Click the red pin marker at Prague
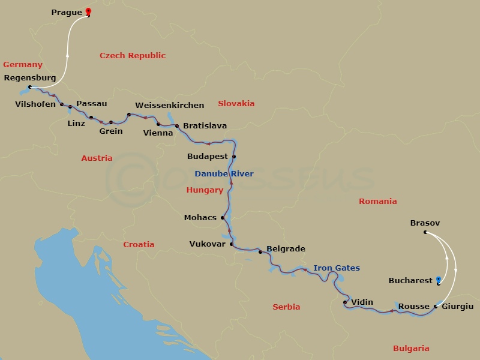click(x=88, y=11)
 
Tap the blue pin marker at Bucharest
click(x=439, y=280)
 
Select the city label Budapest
click(x=208, y=157)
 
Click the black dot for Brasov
click(x=425, y=232)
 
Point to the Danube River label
click(x=224, y=174)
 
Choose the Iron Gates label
click(x=336, y=268)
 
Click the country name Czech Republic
click(x=133, y=56)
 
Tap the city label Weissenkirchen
click(x=170, y=105)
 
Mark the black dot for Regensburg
click(x=30, y=87)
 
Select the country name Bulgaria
click(x=411, y=349)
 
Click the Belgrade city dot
click(x=260, y=252)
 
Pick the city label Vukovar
click(x=207, y=244)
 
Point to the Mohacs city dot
click(x=223, y=218)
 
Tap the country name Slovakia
click(x=236, y=103)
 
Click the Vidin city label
click(x=362, y=302)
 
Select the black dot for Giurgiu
click(x=436, y=307)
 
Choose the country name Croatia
click(x=139, y=244)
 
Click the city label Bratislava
click(x=205, y=126)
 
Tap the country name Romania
click(x=378, y=202)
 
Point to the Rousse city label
click(x=413, y=307)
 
